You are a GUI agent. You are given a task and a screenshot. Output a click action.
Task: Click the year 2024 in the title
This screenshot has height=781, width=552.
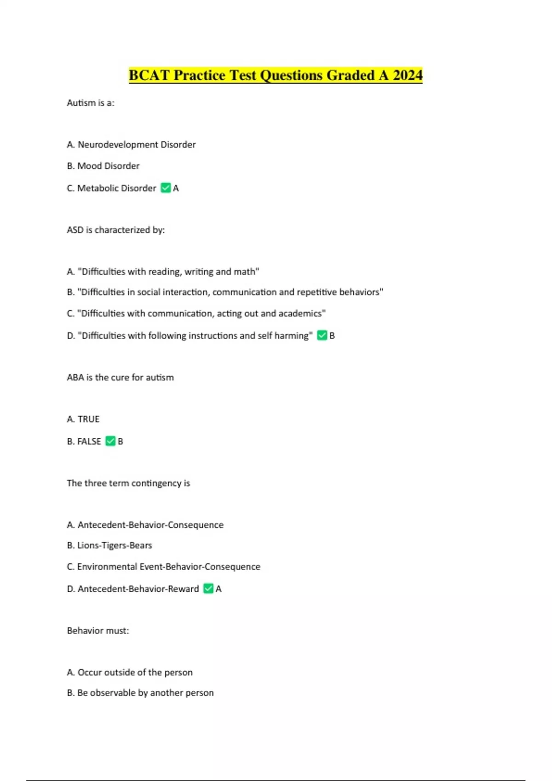(x=408, y=75)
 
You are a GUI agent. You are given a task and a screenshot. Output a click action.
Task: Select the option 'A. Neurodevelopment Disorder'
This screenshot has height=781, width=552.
(x=131, y=145)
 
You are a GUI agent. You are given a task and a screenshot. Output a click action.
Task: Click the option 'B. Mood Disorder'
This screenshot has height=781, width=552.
(x=103, y=166)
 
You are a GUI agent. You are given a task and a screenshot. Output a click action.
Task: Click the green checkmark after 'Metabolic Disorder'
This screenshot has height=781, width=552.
(x=166, y=188)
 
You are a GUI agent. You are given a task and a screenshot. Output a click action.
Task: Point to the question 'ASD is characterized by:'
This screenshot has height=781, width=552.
(x=115, y=230)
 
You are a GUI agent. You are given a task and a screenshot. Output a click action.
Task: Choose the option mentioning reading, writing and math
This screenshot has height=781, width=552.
(x=163, y=272)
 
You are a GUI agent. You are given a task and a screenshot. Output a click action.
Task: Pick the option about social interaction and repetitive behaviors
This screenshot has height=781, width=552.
(x=225, y=292)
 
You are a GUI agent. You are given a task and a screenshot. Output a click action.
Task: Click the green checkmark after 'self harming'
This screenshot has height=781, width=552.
(x=322, y=335)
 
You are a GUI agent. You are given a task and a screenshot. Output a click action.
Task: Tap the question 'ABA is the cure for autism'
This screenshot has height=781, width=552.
(x=120, y=377)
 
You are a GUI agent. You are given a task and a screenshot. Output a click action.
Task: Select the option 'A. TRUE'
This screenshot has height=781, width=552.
(x=83, y=419)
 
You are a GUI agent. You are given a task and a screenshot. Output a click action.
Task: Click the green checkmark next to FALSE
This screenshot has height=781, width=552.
(x=110, y=441)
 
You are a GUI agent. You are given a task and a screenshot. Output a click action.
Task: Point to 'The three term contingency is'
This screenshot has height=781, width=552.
(x=128, y=483)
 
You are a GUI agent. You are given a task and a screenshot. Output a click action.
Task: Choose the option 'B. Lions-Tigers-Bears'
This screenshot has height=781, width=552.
(x=109, y=545)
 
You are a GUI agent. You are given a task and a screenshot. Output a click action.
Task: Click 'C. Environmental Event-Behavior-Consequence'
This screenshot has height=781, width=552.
(x=163, y=566)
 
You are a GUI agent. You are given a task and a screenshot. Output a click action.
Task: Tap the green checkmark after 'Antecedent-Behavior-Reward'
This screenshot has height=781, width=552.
(x=208, y=589)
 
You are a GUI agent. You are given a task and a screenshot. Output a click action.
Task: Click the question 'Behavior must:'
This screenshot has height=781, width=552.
(x=98, y=630)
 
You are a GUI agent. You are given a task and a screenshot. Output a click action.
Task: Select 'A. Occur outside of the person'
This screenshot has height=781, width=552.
(x=130, y=672)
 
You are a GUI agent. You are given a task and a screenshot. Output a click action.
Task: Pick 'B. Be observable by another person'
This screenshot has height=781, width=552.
(x=140, y=693)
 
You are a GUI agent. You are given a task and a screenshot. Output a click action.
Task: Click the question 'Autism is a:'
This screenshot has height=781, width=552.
(x=91, y=103)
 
